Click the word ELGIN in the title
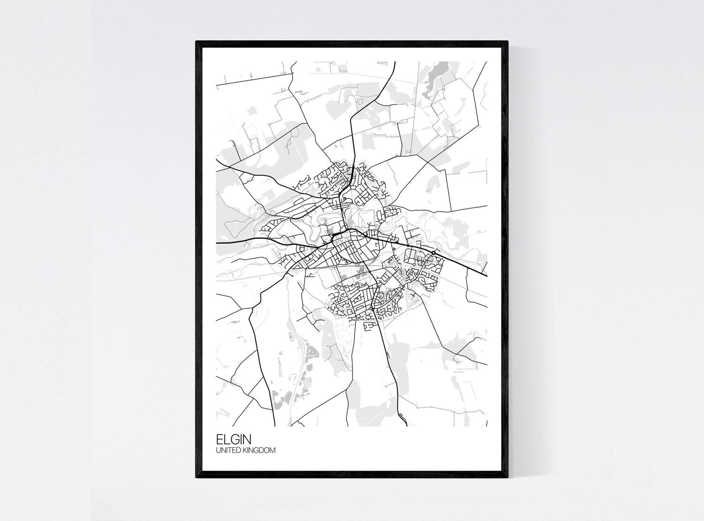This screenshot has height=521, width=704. [233, 439]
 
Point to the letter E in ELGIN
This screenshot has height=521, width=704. [220, 439]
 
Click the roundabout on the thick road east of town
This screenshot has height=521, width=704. [434, 253]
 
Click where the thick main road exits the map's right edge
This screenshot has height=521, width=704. [486, 275]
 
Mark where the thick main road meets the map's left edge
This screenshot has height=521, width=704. [216, 243]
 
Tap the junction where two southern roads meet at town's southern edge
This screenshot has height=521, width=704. [371, 310]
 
